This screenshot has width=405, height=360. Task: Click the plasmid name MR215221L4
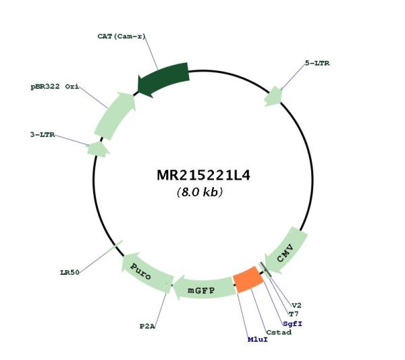pos(203,175)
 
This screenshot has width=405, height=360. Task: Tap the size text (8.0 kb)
pos(200,192)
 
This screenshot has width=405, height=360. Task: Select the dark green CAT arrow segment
pos(163,78)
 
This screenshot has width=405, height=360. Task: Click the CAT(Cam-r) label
pos(122,36)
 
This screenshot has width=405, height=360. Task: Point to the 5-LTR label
pos(317,63)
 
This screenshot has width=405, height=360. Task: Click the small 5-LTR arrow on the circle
pos(273,97)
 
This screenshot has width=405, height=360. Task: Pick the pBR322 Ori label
pos(55,86)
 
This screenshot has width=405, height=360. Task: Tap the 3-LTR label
pos(43,134)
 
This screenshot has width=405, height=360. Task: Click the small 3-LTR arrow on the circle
pos(98,149)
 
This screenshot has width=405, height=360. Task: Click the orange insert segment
pos(248,280)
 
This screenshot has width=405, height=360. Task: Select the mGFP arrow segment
pos(204,289)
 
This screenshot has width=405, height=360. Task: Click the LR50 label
pos(70,272)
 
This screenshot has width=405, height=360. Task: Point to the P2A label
pos(147,326)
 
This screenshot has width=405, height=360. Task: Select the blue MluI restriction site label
pos(258,339)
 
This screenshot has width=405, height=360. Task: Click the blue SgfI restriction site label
pos(292,324)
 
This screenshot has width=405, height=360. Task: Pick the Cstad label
pos(279,332)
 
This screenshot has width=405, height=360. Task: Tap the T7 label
pos(294,314)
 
